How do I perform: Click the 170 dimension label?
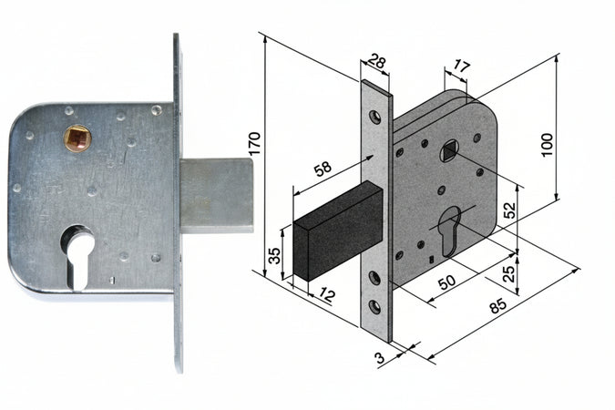tap(254, 144)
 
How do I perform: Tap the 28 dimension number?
tap(377, 62)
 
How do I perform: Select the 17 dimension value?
tap(461, 67)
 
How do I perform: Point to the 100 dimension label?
tap(547, 145)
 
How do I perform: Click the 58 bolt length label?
tap(323, 169)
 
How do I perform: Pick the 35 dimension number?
tap(275, 255)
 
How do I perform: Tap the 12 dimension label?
tap(326, 294)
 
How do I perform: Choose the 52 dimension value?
tap(510, 210)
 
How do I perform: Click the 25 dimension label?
tap(508, 274)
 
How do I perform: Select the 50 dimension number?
tap(446, 281)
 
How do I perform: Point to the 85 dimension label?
tap(498, 305)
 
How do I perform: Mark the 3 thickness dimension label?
tap(379, 358)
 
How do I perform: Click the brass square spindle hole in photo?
tap(77, 138)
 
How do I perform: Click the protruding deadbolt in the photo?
tap(217, 195)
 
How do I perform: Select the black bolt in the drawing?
tap(338, 231)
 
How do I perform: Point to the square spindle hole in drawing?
tap(449, 152)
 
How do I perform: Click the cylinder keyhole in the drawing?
tap(449, 231)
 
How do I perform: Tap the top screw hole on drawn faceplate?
tap(375, 117)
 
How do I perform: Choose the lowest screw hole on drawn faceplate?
tap(375, 306)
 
